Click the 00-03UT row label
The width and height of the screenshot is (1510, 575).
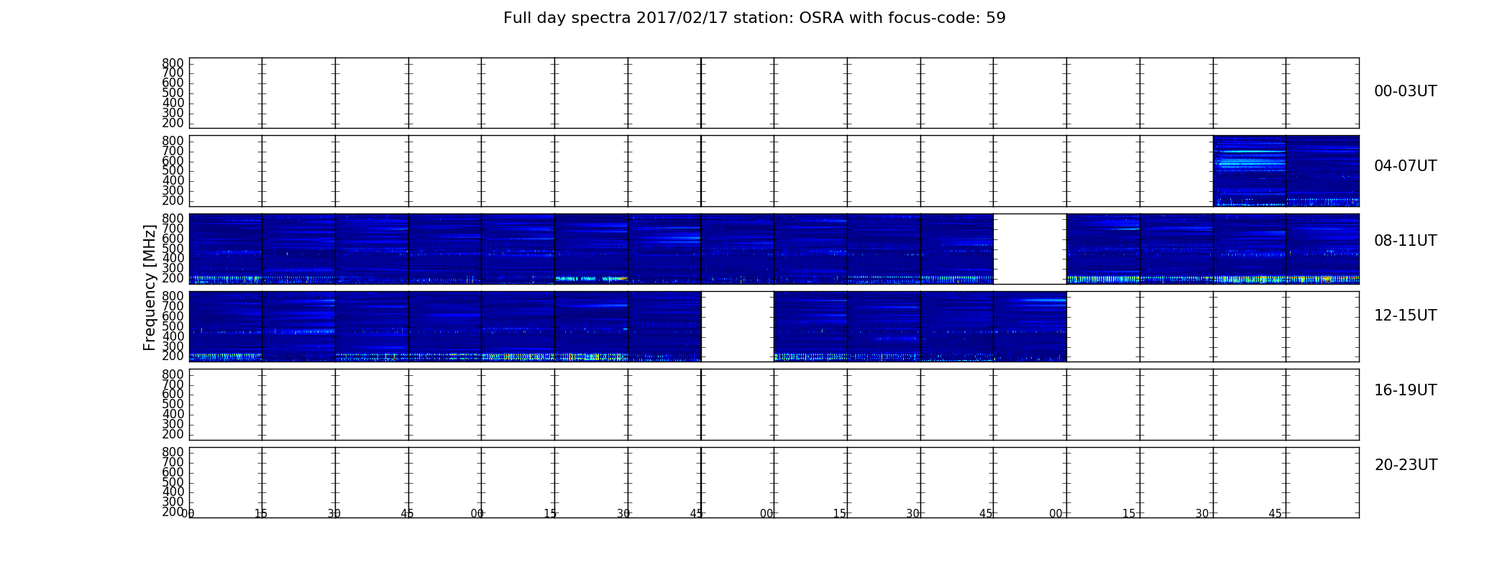pyautogui.click(x=1405, y=91)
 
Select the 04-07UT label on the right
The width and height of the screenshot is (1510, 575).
pyautogui.click(x=1405, y=166)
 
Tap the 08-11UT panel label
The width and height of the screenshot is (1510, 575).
pyautogui.click(x=1405, y=241)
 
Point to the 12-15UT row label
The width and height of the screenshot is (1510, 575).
pyautogui.click(x=1405, y=316)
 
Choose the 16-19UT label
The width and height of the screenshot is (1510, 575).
pyautogui.click(x=1405, y=390)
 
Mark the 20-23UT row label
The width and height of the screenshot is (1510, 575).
pyautogui.click(x=1406, y=465)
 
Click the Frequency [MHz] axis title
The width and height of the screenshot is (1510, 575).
pyautogui.click(x=150, y=287)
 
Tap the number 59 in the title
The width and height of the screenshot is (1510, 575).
pyautogui.click(x=997, y=18)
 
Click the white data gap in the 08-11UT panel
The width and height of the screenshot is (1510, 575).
pyautogui.click(x=1030, y=249)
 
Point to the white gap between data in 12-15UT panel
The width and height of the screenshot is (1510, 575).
pyautogui.click(x=737, y=326)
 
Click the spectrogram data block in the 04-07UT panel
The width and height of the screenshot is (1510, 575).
pyautogui.click(x=1286, y=171)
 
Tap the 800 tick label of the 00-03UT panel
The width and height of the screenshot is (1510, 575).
pyautogui.click(x=173, y=63)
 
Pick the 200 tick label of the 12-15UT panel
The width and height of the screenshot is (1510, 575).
pyautogui.click(x=173, y=356)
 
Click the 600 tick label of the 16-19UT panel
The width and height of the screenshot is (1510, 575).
pyautogui.click(x=173, y=394)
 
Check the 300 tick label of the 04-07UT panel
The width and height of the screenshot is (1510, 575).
pyautogui.click(x=173, y=190)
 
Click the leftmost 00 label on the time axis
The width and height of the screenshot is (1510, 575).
pyautogui.click(x=188, y=513)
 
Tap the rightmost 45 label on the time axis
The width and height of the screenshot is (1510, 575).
pyautogui.click(x=1275, y=513)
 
